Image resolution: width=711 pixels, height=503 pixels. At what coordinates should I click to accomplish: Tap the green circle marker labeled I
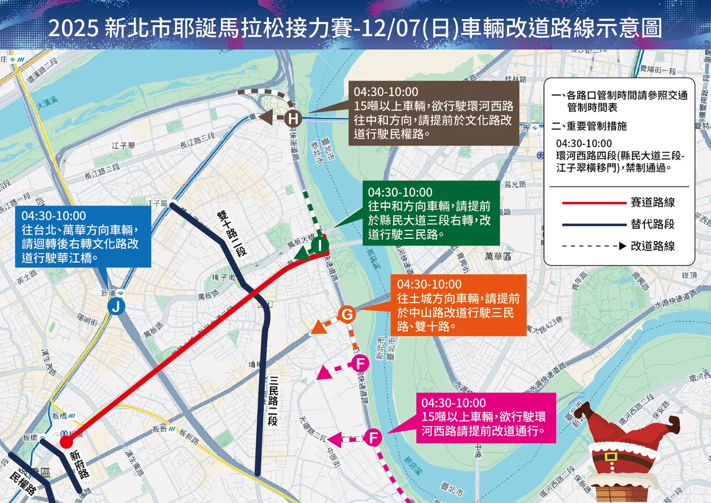tap(320, 245)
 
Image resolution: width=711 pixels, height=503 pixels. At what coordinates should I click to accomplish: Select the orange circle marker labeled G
tap(347, 315)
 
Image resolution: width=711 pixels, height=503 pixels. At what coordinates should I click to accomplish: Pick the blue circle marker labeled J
tap(116, 306)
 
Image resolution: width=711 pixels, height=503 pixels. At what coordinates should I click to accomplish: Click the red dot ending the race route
tap(66, 442)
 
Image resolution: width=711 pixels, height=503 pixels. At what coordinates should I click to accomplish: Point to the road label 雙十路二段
tap(231, 234)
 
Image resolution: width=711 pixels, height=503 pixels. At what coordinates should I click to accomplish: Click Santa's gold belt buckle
tap(611, 457)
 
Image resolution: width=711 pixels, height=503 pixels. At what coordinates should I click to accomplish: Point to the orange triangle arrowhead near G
tap(318, 328)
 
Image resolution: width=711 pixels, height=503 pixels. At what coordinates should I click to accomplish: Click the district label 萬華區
tap(497, 256)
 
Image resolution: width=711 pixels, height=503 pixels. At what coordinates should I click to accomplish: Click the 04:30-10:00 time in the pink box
tap(454, 403)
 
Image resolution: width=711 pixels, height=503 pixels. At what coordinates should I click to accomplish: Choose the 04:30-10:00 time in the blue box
tap(54, 215)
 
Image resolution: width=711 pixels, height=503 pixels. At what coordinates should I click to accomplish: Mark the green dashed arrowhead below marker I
tap(301, 255)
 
